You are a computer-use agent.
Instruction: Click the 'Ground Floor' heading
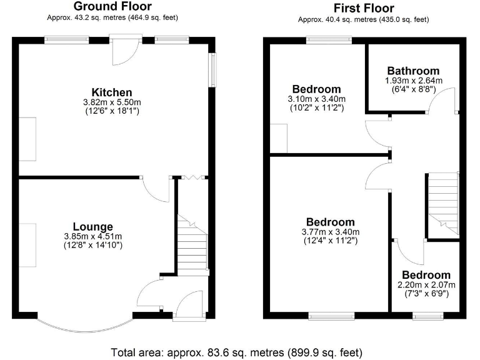tap(112, 7)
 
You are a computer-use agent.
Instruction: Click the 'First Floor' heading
tap(363, 8)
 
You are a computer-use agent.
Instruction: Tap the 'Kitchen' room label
tap(112, 92)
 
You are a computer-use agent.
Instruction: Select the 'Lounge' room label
tap(92, 226)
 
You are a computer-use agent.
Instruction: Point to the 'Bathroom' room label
tap(412, 71)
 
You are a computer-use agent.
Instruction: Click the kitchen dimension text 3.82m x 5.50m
tap(112, 102)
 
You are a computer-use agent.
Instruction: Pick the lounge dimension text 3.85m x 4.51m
tap(92, 236)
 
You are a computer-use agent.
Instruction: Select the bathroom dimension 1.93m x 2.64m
tap(412, 81)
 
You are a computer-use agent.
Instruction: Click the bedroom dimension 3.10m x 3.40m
tap(317, 99)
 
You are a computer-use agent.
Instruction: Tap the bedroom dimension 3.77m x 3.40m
tap(331, 232)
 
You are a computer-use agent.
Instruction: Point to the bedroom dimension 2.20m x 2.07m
tap(426, 285)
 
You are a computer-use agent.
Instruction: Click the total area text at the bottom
tap(236, 352)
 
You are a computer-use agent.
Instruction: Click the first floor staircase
tap(442, 203)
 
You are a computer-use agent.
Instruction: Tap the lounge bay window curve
tap(85, 327)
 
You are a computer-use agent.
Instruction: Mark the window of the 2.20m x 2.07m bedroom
tap(428, 316)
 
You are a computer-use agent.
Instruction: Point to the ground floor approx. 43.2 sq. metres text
tap(112, 17)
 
